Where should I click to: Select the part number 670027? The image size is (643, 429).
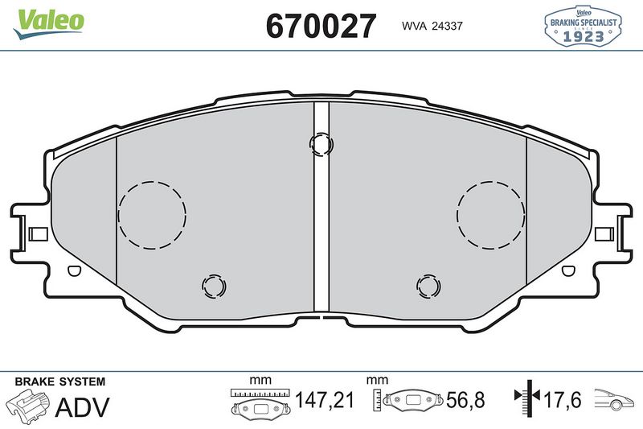(321, 27)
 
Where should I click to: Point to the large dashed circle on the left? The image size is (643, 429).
(152, 213)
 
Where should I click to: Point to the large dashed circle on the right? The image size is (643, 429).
(490, 213)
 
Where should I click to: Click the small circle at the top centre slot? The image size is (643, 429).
(321, 143)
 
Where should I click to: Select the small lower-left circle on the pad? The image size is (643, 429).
(214, 285)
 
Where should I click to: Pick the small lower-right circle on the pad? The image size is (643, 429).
(428, 285)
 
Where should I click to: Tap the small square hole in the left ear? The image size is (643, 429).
(37, 234)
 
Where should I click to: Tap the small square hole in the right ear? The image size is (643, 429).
(606, 234)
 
